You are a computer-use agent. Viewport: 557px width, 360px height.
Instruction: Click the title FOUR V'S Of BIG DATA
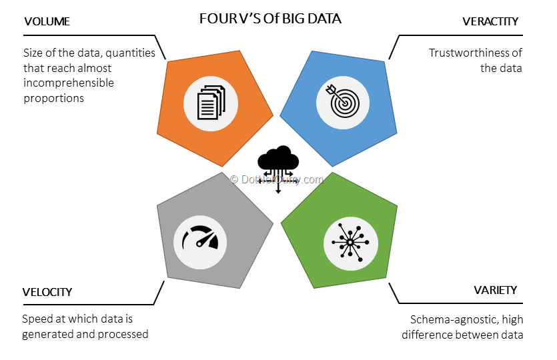click(x=270, y=19)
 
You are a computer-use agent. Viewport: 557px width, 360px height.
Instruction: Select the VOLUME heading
click(x=47, y=22)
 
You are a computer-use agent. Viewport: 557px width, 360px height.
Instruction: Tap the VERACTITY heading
click(x=490, y=21)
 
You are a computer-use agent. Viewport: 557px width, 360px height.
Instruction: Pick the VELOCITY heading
click(x=47, y=292)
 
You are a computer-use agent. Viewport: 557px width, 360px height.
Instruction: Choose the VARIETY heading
click(x=495, y=289)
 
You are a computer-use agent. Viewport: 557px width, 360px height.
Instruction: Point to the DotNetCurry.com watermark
click(x=277, y=179)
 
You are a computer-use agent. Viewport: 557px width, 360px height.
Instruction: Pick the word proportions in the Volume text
click(x=53, y=99)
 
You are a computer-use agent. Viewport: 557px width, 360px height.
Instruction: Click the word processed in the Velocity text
click(x=124, y=334)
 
